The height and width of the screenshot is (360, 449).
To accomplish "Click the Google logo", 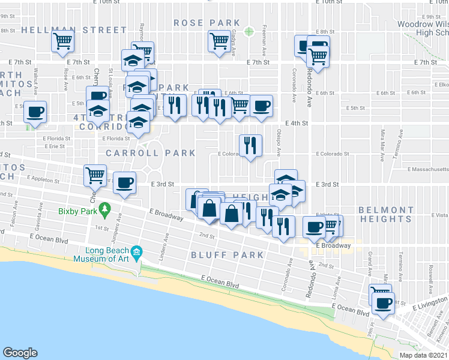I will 20,353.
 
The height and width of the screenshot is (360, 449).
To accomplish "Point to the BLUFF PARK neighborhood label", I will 228,255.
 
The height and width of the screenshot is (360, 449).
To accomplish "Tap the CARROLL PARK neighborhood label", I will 151,153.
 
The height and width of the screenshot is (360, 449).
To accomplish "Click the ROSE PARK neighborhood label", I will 207,23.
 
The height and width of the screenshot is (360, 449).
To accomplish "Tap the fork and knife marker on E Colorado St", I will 251,145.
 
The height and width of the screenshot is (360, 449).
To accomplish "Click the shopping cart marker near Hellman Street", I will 62,42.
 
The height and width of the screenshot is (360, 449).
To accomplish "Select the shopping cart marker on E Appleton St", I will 95,176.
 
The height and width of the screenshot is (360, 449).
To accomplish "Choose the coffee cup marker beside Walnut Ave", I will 35,112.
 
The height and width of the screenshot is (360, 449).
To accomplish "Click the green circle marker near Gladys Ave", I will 249,31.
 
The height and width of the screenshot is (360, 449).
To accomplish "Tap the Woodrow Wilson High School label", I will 424,28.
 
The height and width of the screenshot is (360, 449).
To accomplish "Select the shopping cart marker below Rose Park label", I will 218,41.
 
